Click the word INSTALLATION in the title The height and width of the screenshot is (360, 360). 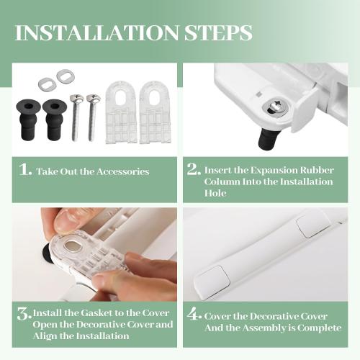click(96, 32)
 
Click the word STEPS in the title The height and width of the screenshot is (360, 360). click(218, 32)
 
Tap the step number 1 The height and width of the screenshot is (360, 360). click(25, 169)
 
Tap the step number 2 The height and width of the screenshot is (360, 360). click(194, 169)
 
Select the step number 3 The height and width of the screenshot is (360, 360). click(24, 314)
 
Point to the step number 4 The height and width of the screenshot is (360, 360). click(194, 314)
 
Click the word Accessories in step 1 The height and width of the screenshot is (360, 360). click(123, 171)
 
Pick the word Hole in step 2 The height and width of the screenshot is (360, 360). click(215, 193)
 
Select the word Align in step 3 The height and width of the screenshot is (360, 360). click(45, 336)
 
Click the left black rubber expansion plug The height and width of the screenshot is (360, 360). click(28, 120)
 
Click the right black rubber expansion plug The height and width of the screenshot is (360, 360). click(55, 120)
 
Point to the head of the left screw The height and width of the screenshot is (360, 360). click(77, 99)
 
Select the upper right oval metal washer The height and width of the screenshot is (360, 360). click(66, 76)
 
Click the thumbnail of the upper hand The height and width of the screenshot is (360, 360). click(68, 220)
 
